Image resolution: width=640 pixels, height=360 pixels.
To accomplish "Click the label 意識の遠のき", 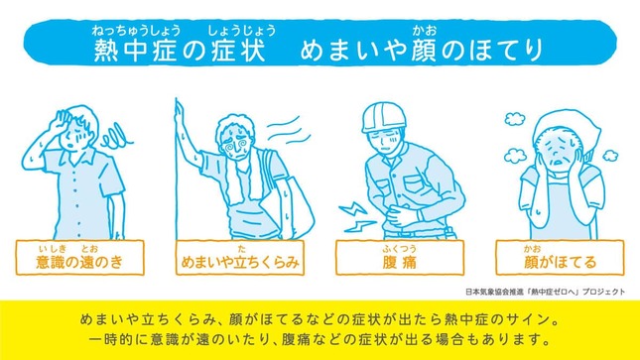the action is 79,262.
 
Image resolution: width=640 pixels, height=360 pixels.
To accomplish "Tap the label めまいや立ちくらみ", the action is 240,262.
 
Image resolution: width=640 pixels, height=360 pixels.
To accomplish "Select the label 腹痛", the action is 400,262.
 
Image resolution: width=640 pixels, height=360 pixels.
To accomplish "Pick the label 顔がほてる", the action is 560,262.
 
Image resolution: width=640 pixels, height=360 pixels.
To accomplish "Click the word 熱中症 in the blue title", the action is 135,51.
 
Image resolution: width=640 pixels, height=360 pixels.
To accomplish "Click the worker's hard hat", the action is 384,117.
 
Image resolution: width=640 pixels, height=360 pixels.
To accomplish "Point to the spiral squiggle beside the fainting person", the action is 117,137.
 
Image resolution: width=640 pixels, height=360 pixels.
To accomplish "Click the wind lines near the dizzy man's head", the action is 291,129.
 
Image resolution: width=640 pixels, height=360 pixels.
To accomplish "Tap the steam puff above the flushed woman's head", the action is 514,119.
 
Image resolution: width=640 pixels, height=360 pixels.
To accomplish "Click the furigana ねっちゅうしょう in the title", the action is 136,30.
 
